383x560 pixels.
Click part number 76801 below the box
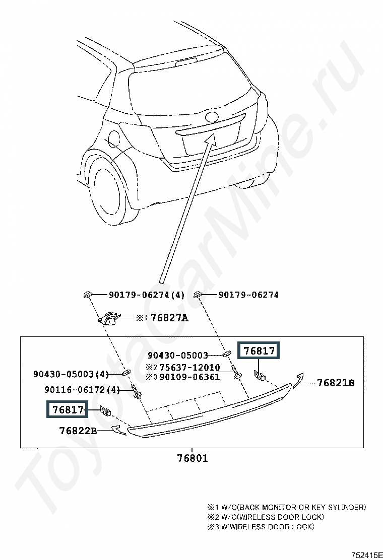193,458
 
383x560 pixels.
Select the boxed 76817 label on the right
259,351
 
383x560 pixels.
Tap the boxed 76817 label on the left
67,409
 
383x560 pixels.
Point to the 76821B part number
336,383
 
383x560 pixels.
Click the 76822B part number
78,431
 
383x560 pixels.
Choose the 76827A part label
169,318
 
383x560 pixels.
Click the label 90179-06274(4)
147,295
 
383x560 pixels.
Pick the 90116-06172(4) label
82,390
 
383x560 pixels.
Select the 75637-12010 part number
189,368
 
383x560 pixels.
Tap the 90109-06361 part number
189,377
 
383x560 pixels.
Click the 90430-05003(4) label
71,374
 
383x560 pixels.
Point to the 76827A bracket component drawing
110,319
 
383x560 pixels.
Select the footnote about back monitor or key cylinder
287,507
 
